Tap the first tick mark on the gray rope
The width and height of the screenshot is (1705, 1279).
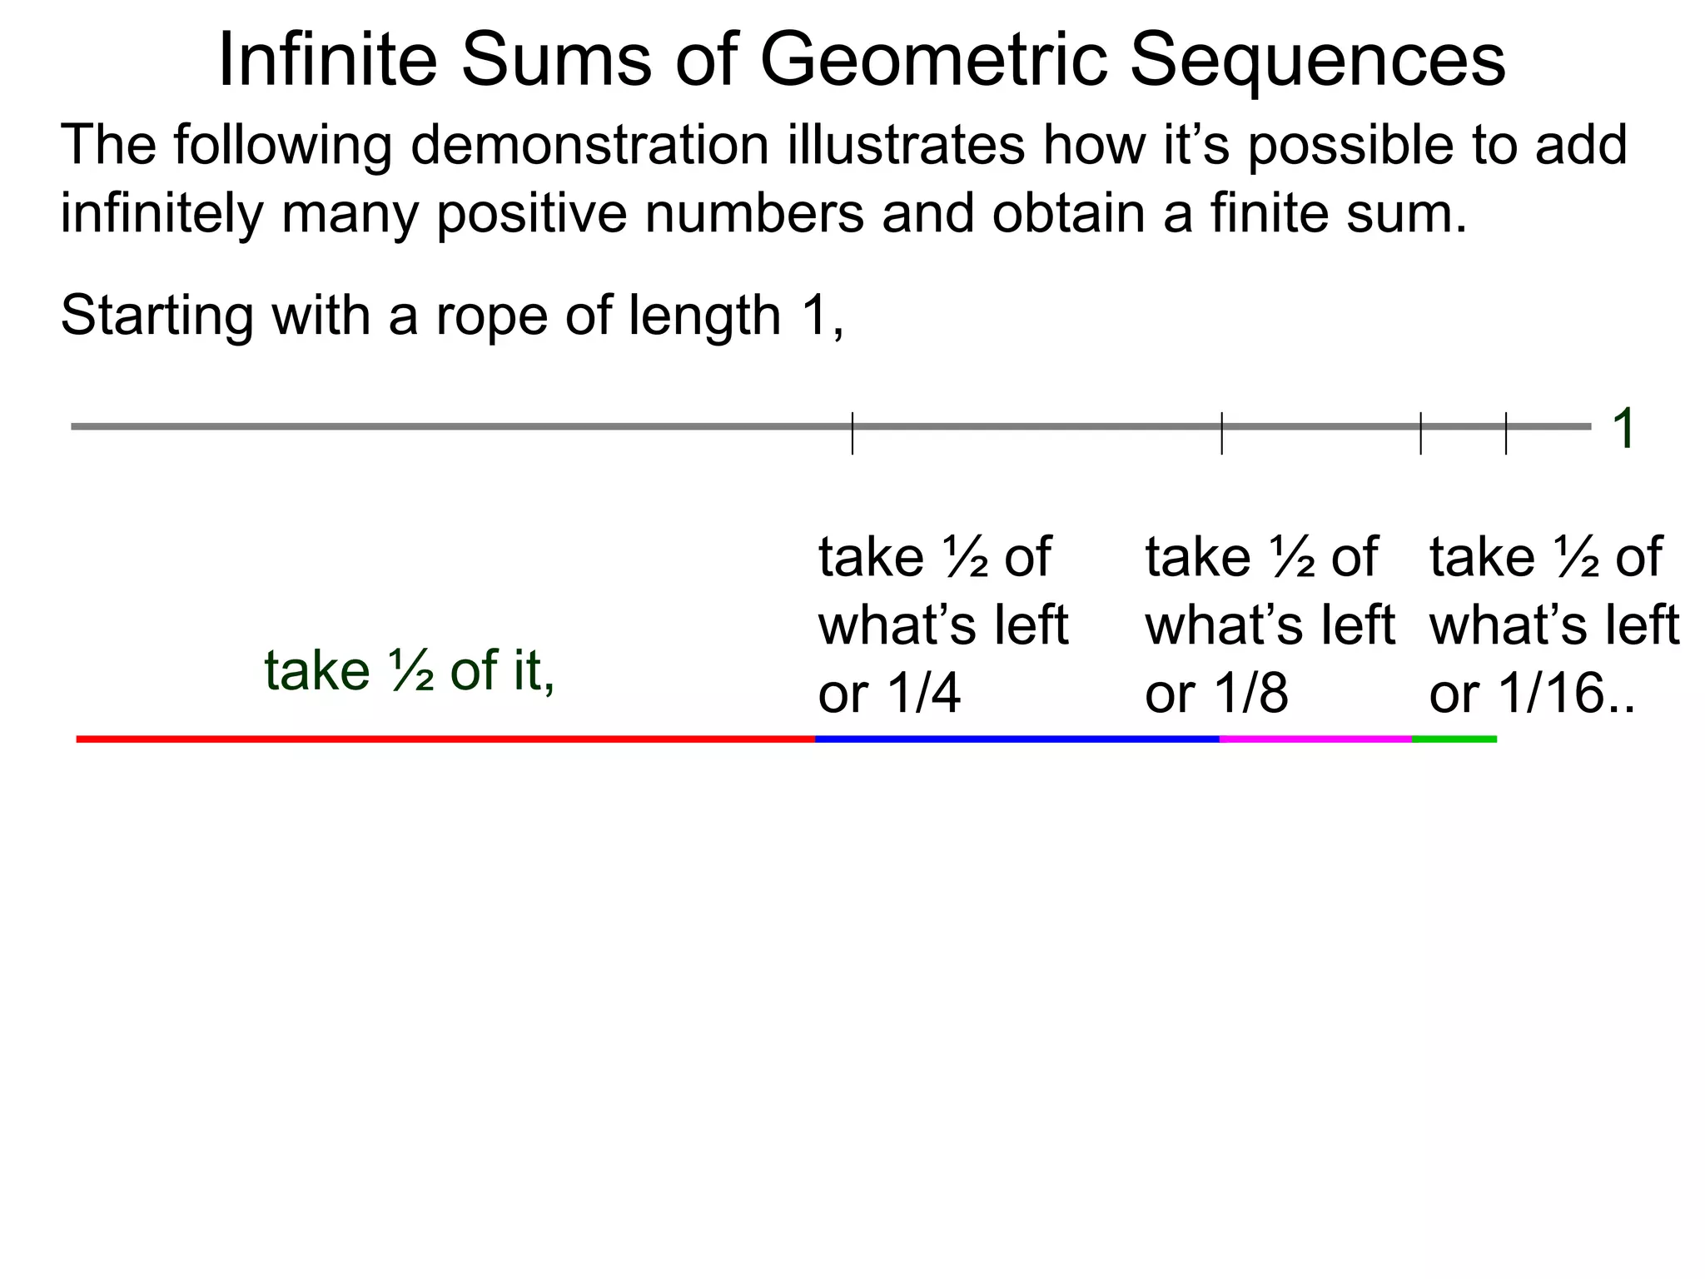click(x=852, y=433)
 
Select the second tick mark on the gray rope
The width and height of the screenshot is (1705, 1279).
click(x=1221, y=433)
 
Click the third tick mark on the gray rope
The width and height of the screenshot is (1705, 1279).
click(x=1420, y=433)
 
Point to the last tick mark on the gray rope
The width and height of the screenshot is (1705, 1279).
click(x=1506, y=433)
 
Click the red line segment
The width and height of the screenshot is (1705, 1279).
click(x=445, y=739)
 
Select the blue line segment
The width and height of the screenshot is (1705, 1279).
click(x=1017, y=739)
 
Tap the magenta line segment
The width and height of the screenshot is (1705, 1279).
click(x=1315, y=739)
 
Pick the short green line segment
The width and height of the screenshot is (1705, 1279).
click(x=1454, y=739)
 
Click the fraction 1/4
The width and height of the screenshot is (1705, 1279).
click(x=924, y=694)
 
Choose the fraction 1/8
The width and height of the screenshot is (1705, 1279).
click(x=1251, y=694)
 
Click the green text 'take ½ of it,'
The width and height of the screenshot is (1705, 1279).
click(x=410, y=671)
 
